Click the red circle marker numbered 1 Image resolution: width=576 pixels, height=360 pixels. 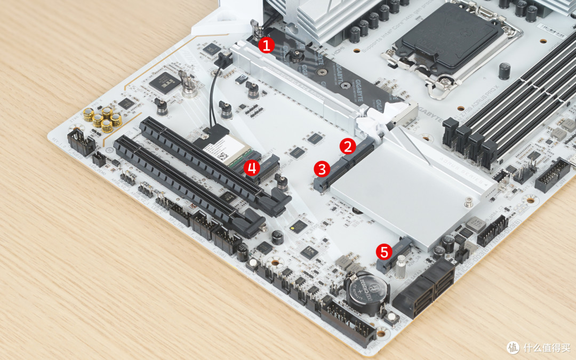266,45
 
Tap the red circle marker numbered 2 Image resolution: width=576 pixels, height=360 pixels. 348,145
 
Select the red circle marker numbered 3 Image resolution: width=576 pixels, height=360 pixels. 321,170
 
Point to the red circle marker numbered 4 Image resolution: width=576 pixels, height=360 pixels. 252,168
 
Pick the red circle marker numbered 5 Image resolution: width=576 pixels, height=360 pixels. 383,251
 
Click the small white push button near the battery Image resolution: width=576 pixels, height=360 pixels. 392,318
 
